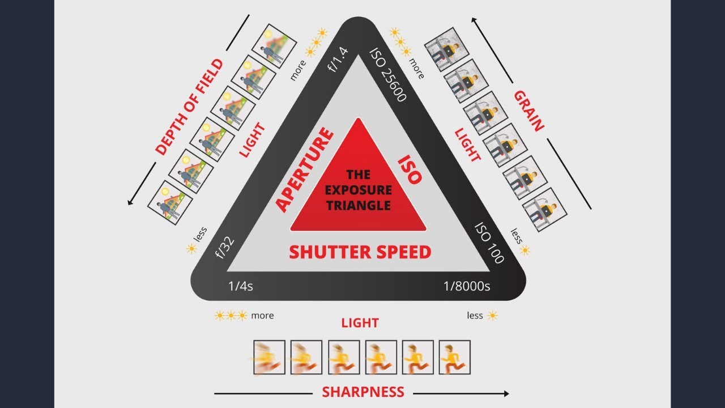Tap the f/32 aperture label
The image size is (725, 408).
point(225,247)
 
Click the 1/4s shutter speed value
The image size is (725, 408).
point(241,286)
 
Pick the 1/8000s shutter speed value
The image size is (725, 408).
point(467,286)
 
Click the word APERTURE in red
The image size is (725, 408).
point(304,169)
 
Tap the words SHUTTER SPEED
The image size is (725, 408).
point(360,252)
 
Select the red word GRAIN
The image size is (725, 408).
point(528,110)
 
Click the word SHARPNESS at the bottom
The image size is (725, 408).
point(363,392)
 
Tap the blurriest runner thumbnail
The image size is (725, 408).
point(269,357)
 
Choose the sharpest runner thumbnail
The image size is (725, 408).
point(454,357)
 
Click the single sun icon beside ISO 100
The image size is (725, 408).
point(525,250)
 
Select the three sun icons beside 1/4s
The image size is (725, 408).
point(231,316)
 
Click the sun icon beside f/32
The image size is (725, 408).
point(191,248)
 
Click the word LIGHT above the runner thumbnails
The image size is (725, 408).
point(360,323)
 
